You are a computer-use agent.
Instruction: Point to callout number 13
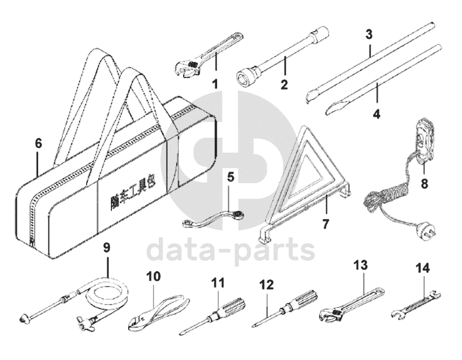pyautogui.click(x=360, y=265)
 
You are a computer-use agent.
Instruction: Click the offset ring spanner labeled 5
pyautogui.click(x=214, y=217)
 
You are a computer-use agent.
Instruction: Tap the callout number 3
pyautogui.click(x=368, y=33)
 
